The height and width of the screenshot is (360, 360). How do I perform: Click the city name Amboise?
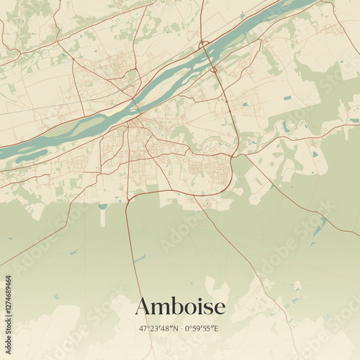pyautogui.click(x=180, y=306)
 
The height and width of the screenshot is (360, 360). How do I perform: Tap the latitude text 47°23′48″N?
pyautogui.click(x=160, y=328)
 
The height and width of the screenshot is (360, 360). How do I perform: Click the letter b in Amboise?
pyautogui.click(x=176, y=305)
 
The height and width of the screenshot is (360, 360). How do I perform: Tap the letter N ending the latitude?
pyautogui.click(x=176, y=328)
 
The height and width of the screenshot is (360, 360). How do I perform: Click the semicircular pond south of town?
pyautogui.click(x=102, y=207)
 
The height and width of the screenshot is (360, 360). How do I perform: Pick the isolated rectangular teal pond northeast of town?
pyautogui.click(x=288, y=97)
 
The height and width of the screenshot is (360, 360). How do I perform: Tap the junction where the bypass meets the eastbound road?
pyautogui.click(x=238, y=153)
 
